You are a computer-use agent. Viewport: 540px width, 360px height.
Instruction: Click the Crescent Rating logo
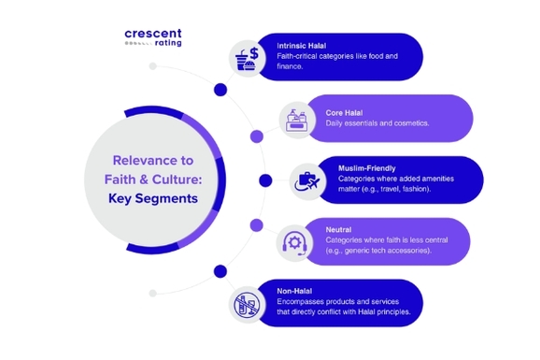153,38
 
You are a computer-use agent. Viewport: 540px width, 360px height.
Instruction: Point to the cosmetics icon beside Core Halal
297,118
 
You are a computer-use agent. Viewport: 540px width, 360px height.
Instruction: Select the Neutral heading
339,229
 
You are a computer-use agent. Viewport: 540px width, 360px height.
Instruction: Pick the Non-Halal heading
298,291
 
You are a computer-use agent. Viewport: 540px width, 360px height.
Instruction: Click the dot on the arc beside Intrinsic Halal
220,91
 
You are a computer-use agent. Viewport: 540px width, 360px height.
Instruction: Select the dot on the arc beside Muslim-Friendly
265,180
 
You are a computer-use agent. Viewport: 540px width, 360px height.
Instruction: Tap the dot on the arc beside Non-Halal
220,271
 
